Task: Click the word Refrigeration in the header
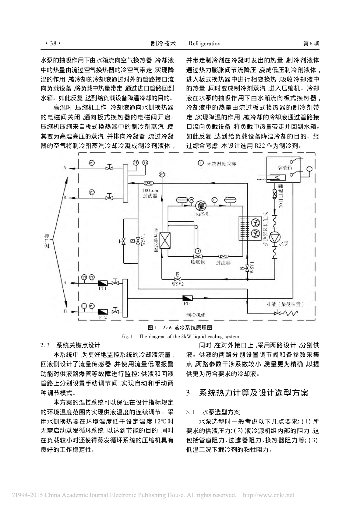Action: click(x=202, y=43)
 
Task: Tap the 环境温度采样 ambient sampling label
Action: click(x=222, y=163)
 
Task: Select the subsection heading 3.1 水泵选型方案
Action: click(x=213, y=412)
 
